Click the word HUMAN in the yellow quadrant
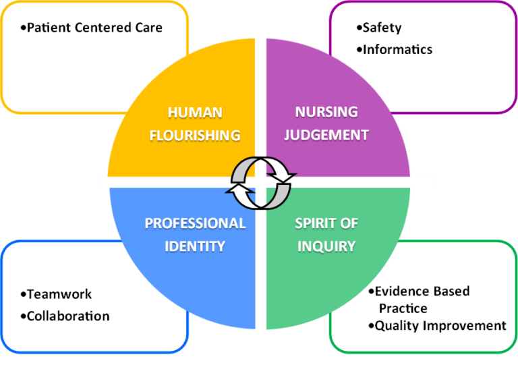click(195, 113)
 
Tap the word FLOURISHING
click(195, 136)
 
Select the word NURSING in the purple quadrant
click(326, 112)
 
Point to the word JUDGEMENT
click(326, 135)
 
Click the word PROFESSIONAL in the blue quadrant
click(195, 223)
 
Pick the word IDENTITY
click(195, 246)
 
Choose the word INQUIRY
click(326, 246)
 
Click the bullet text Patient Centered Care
click(94, 28)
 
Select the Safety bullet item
click(382, 28)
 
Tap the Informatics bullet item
click(397, 49)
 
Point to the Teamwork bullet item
click(59, 294)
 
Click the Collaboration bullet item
click(68, 316)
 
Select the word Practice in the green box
click(403, 308)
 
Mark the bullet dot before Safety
click(359, 28)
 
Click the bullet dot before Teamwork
click(23, 294)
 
